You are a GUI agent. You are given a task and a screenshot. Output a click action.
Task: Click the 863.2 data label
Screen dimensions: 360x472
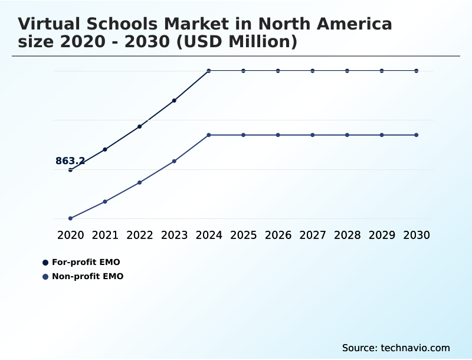click(x=70, y=161)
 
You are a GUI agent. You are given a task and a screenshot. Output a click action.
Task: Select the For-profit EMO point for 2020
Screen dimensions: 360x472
click(x=71, y=170)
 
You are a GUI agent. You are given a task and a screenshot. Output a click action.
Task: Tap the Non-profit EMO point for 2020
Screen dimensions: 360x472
click(x=71, y=218)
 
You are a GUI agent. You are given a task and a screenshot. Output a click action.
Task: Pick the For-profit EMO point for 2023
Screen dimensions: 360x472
click(x=175, y=100)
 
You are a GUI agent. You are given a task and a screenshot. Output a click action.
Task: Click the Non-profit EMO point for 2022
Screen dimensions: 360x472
click(x=140, y=182)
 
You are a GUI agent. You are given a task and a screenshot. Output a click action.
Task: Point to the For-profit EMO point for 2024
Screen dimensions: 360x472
click(x=209, y=71)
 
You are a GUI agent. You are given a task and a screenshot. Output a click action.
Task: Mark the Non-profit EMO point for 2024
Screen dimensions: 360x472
click(x=209, y=135)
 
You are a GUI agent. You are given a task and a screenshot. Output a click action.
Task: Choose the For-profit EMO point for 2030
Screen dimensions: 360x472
click(x=417, y=71)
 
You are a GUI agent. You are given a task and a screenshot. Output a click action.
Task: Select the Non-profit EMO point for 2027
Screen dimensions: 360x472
click(x=313, y=135)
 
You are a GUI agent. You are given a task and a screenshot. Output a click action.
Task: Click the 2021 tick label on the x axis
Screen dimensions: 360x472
click(x=105, y=235)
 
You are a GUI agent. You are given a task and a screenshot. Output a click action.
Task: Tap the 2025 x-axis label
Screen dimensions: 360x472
click(x=244, y=235)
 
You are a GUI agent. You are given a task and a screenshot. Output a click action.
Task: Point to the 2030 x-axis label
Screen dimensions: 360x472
click(x=417, y=235)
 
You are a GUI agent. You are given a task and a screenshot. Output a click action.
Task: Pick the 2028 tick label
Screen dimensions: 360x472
click(x=348, y=235)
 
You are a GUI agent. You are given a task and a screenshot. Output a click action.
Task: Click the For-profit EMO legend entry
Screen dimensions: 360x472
click(x=86, y=262)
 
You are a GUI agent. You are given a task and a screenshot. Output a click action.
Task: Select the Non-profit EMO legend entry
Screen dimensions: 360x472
click(x=87, y=276)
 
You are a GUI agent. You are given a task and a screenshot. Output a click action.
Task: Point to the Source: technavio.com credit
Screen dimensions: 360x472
click(x=396, y=348)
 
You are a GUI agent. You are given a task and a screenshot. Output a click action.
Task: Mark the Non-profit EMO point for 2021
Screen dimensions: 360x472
click(x=105, y=201)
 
